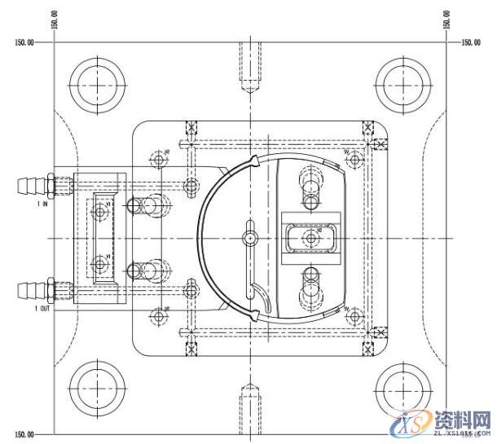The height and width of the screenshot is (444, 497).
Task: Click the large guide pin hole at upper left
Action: [97, 85]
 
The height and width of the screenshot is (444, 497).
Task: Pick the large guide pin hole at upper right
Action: [402, 85]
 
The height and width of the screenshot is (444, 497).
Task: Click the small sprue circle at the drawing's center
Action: [249, 237]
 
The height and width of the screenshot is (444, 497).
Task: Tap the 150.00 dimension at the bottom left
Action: [24, 434]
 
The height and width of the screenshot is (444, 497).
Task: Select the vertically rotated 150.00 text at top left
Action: [54, 19]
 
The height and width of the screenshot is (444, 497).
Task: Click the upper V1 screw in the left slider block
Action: [101, 212]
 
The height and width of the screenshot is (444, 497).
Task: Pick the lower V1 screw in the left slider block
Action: [101, 262]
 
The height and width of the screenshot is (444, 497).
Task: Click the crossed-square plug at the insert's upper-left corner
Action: [192, 128]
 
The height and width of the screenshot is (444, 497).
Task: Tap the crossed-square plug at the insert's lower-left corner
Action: [192, 350]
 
